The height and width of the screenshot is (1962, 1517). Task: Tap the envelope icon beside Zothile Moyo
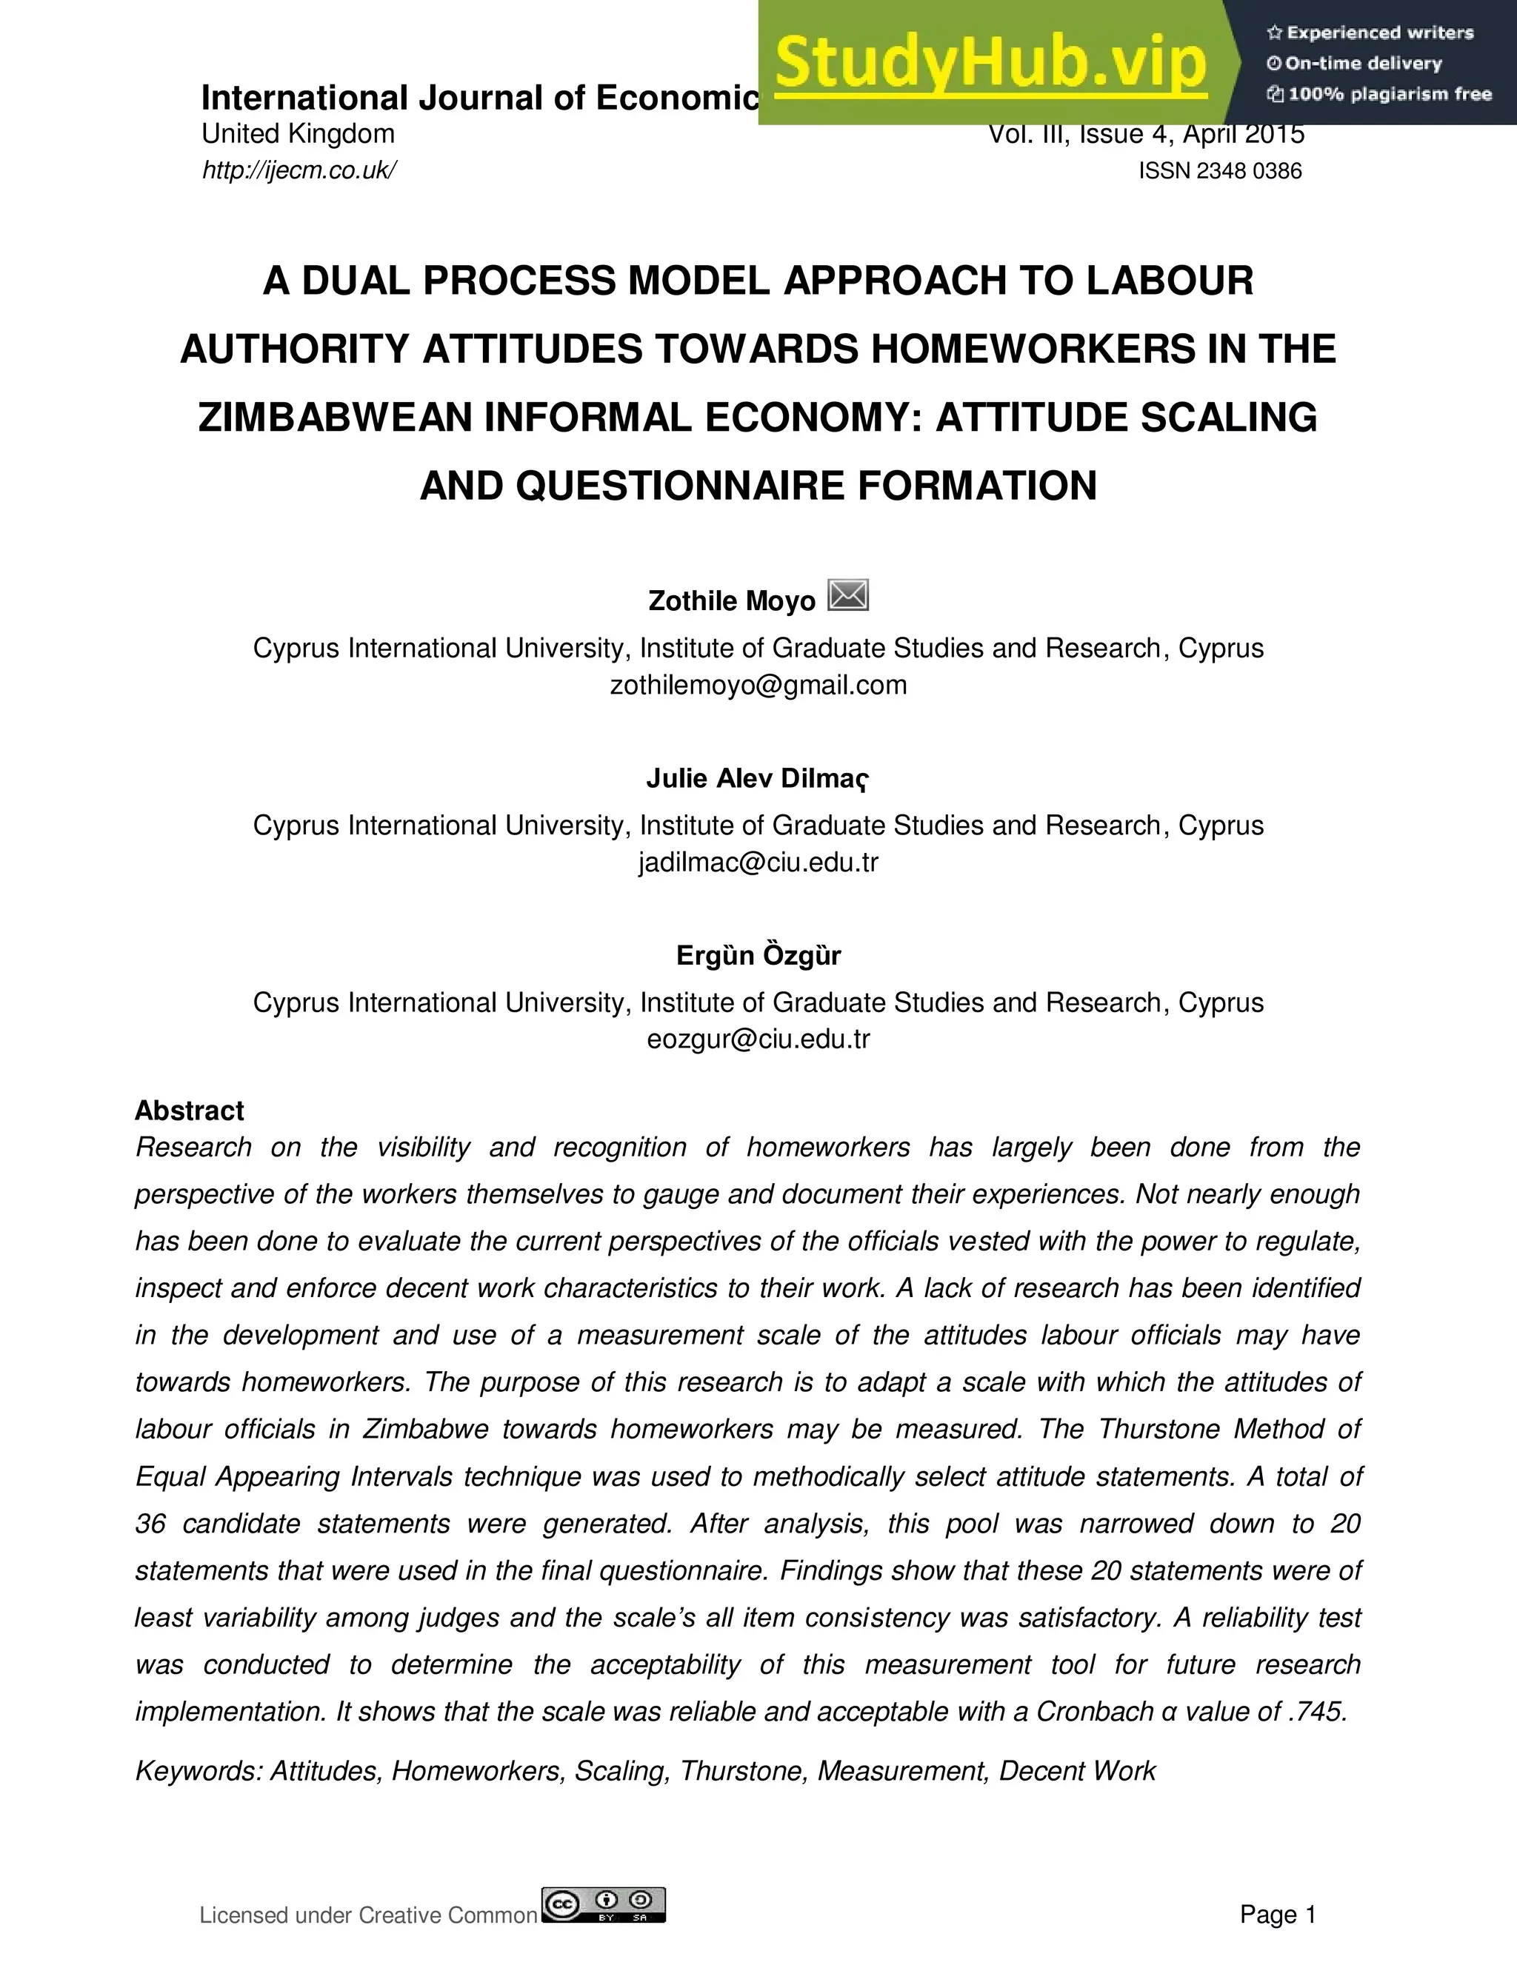(847, 595)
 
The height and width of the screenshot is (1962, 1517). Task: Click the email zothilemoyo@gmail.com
(758, 686)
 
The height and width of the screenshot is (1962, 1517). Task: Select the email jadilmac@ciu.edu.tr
(758, 863)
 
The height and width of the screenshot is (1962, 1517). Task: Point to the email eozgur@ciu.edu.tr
(758, 1039)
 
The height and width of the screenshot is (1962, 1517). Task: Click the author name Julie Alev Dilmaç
(758, 778)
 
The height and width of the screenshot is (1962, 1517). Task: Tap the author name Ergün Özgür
(758, 955)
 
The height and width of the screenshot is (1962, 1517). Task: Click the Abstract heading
(189, 1111)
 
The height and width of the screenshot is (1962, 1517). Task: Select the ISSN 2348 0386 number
(1219, 171)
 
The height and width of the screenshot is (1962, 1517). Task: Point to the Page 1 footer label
(1277, 1915)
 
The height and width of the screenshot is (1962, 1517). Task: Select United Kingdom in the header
(298, 134)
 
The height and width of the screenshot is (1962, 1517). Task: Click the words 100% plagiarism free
(1390, 94)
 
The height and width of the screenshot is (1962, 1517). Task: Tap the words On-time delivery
(1364, 64)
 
